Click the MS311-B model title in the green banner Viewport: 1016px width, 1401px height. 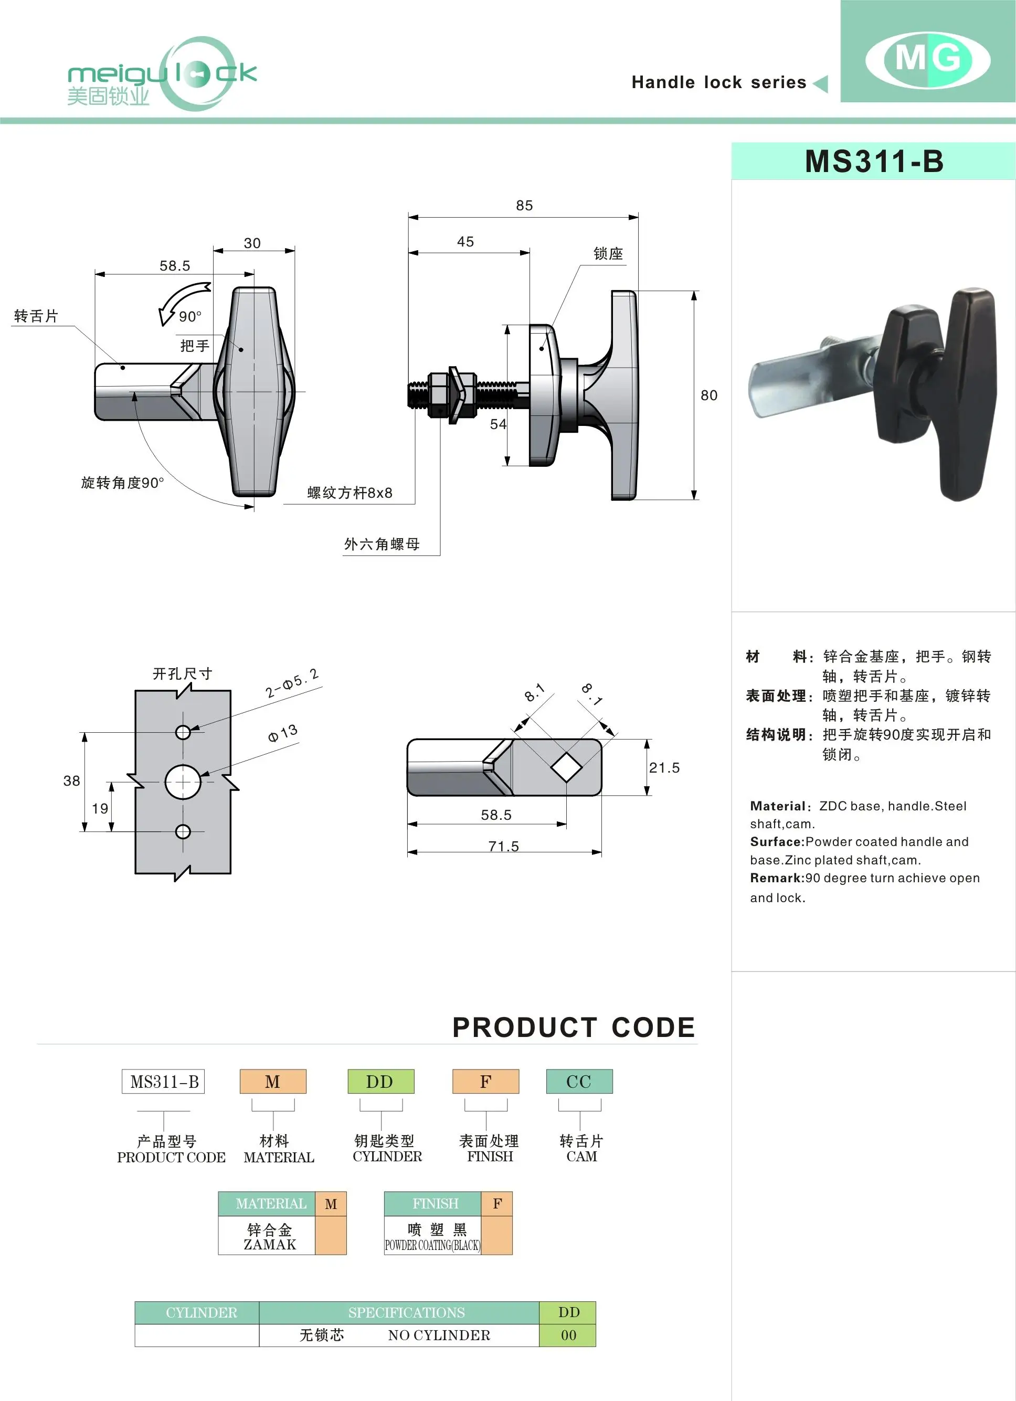point(874,162)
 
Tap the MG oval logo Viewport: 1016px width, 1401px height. point(928,60)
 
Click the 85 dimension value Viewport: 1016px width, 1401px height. point(524,206)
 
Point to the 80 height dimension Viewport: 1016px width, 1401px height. point(709,395)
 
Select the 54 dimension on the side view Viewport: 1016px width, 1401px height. point(498,424)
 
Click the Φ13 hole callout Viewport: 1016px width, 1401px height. point(283,733)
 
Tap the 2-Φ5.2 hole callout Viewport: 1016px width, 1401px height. point(292,684)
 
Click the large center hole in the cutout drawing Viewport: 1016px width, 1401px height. point(183,782)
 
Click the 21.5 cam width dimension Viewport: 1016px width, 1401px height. point(664,768)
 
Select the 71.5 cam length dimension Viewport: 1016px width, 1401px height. point(504,846)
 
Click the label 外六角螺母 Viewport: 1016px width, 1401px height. point(382,544)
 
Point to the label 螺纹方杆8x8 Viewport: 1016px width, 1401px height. point(350,493)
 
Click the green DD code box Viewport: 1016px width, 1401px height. point(380,1082)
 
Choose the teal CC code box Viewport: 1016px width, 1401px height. point(579,1082)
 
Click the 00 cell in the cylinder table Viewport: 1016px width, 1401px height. point(568,1335)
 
